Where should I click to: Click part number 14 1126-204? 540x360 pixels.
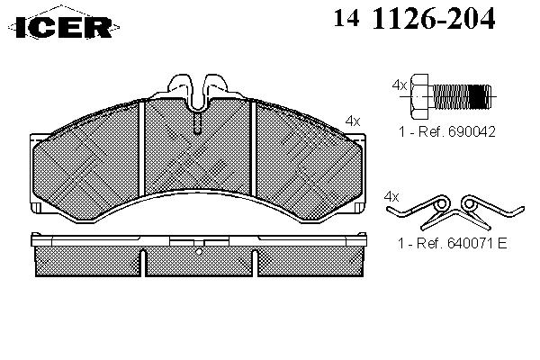tap(414, 18)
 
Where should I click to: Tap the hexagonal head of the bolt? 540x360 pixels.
tap(420, 96)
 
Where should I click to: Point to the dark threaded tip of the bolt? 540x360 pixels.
tap(480, 97)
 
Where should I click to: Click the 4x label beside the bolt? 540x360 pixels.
tap(400, 85)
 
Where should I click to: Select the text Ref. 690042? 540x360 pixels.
tap(456, 131)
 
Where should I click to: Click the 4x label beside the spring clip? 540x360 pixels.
tap(391, 197)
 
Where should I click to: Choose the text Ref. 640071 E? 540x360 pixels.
tap(462, 243)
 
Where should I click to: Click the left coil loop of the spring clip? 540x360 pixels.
tap(442, 204)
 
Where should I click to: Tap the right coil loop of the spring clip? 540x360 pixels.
tap(469, 204)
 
